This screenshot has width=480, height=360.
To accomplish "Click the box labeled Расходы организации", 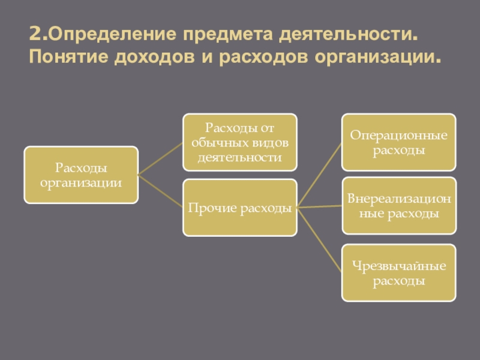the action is click(81, 174).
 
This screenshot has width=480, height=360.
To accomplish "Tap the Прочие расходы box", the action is click(240, 208).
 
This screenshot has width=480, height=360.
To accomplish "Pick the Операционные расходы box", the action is click(399, 142).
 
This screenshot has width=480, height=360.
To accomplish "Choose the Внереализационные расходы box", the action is click(399, 206).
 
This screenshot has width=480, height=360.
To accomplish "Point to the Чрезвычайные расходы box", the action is click(399, 273).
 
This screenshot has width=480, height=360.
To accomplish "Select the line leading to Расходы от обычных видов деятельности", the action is click(161, 159).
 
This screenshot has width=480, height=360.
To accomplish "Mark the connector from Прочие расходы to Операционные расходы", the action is click(319, 175).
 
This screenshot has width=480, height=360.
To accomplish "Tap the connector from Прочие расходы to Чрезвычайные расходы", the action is click(319, 240).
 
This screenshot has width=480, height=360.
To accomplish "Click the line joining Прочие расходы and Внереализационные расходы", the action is click(319, 207).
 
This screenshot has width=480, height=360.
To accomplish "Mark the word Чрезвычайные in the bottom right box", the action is click(399, 266).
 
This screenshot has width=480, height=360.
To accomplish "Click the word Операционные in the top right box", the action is click(399, 136).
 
